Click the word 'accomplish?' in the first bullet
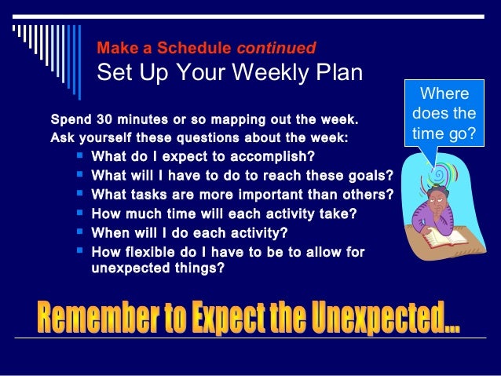click(x=276, y=155)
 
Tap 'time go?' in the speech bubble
click(x=444, y=133)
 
